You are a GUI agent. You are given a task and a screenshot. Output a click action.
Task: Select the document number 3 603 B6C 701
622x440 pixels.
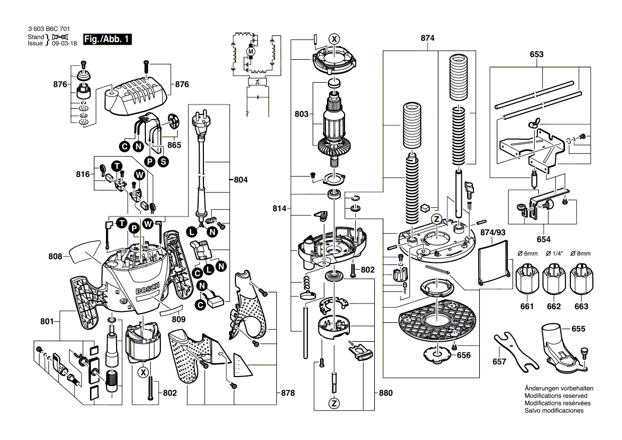tap(48, 30)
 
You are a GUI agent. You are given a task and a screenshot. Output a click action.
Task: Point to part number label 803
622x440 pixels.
tap(301, 114)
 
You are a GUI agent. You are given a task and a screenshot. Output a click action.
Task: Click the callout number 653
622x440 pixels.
tap(537, 54)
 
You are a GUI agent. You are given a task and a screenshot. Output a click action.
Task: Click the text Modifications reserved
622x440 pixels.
tap(555, 396)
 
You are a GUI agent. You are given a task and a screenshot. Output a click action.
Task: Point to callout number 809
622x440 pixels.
tap(179, 320)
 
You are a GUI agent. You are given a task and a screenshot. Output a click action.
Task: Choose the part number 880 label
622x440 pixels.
tap(385, 393)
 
